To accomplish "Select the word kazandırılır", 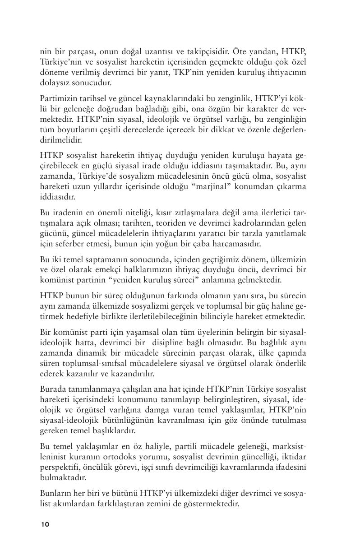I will (x=133, y=373).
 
